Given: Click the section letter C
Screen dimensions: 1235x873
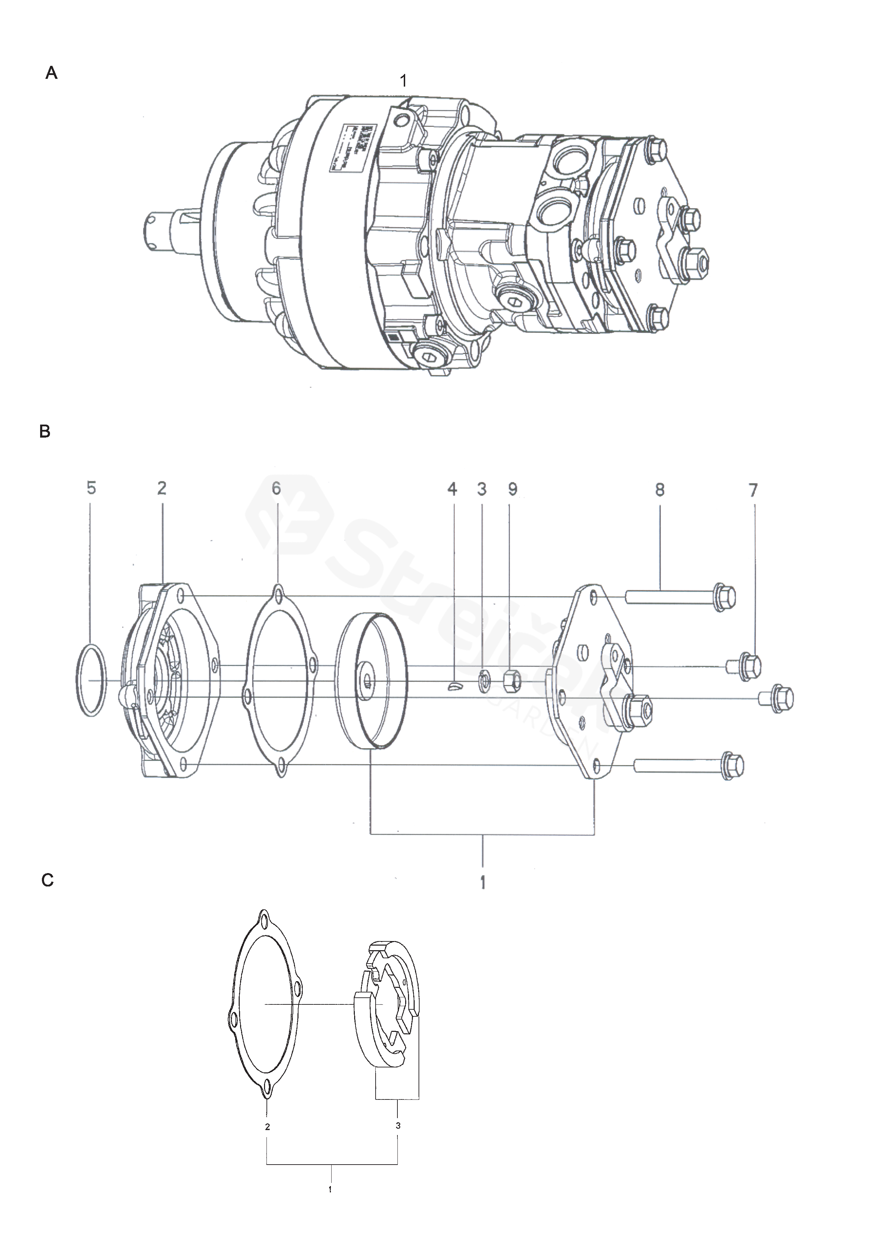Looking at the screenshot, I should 47,880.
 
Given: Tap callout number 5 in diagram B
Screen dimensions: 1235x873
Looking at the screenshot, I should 92,488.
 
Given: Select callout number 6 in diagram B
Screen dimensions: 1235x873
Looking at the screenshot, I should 276,488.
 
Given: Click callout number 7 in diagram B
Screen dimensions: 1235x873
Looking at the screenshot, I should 753,490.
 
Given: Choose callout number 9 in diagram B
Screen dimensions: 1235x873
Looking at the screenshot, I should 513,489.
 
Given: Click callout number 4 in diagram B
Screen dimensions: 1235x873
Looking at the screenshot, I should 452,489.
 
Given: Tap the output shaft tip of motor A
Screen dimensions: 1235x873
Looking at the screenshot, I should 153,228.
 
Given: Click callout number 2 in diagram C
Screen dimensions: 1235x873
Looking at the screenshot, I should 267,1126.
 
